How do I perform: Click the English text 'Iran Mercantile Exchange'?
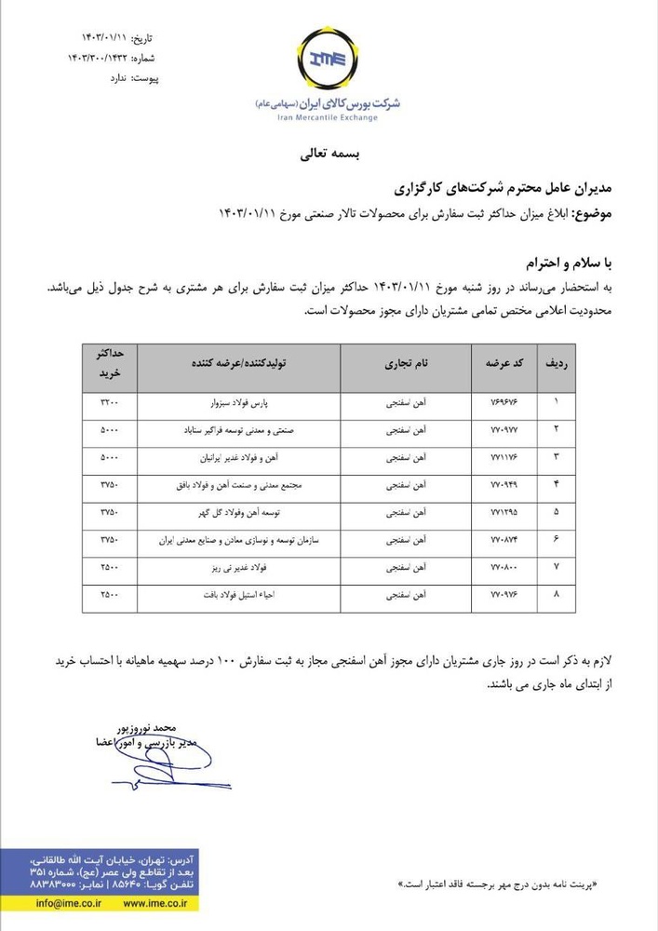[328, 119]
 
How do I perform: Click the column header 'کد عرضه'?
[503, 366]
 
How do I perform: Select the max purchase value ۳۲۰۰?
[110, 405]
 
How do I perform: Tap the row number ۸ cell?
[557, 593]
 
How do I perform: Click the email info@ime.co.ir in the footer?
[69, 903]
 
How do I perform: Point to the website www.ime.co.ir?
[152, 903]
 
